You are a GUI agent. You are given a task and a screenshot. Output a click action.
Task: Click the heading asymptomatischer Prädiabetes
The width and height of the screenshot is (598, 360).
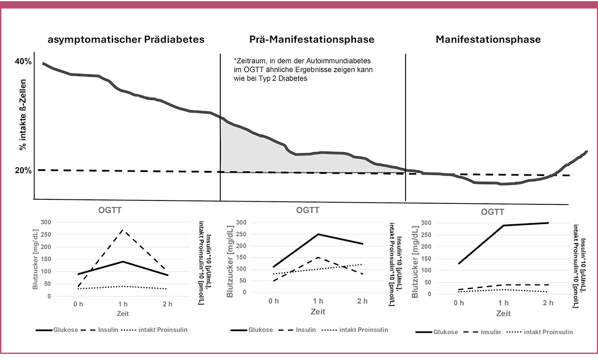pyautogui.click(x=126, y=40)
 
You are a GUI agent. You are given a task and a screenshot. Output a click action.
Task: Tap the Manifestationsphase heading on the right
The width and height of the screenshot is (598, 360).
pyautogui.click(x=488, y=40)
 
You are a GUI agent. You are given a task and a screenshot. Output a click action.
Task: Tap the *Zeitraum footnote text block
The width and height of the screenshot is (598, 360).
pyautogui.click(x=303, y=69)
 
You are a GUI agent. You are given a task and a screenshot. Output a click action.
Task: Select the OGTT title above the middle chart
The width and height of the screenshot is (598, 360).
pyautogui.click(x=308, y=210)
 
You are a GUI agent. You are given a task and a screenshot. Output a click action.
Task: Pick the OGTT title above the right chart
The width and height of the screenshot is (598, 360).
pyautogui.click(x=492, y=212)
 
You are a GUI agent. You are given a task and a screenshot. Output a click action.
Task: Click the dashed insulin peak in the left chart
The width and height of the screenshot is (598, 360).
pyautogui.click(x=120, y=230)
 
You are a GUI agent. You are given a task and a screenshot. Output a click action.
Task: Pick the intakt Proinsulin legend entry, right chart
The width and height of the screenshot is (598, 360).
pyautogui.click(x=548, y=332)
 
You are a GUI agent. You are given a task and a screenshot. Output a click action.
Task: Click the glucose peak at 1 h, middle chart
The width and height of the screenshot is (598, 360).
pyautogui.click(x=318, y=234)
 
